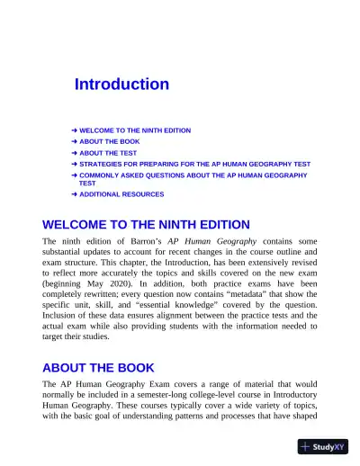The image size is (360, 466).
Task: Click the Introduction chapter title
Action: [121, 85]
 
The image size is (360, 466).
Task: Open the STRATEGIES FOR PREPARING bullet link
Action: [194, 165]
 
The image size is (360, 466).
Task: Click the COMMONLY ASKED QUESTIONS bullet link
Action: [193, 175]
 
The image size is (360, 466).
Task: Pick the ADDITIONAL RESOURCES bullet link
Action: [121, 194]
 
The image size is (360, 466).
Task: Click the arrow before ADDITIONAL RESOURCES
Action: [74, 194]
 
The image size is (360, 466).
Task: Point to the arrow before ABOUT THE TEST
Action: [74, 153]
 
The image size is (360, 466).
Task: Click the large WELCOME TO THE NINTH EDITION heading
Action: [146, 224]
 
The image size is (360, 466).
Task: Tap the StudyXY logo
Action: [324, 447]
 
